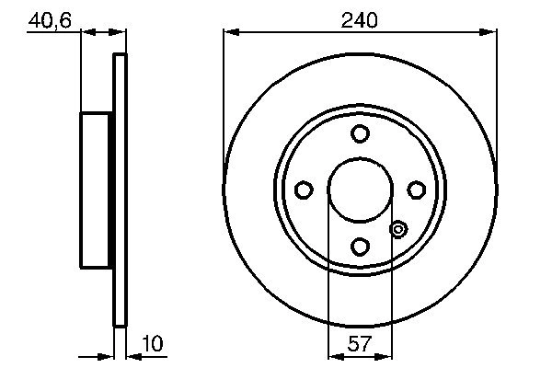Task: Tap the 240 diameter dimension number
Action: coord(360,18)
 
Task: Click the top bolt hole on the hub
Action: coord(360,133)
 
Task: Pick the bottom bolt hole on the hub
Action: coord(360,246)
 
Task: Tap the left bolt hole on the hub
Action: coord(304,190)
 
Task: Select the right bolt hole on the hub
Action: coord(416,190)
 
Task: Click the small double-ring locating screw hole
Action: coord(398,229)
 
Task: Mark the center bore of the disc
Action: coord(360,190)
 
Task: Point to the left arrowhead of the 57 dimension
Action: coord(335,353)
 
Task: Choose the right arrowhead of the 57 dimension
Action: coord(386,353)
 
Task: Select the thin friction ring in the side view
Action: coord(119,190)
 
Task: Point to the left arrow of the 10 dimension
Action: coord(107,353)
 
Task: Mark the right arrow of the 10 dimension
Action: coord(131,353)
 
